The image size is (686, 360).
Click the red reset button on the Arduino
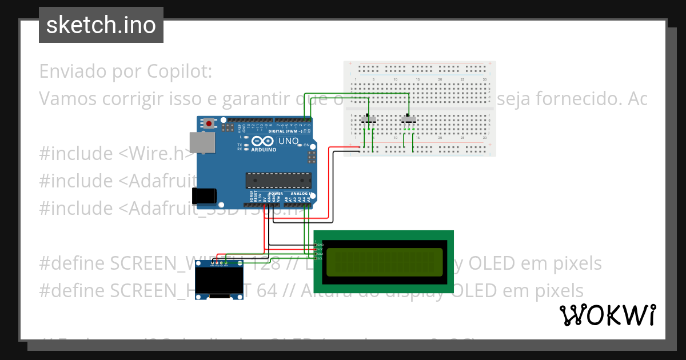point(210,123)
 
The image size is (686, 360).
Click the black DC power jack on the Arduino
point(204,196)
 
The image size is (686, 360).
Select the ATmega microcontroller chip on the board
point(278,180)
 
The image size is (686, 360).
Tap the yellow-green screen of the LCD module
point(384,262)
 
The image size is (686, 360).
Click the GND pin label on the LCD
point(320,245)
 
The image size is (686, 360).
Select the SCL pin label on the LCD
point(320,258)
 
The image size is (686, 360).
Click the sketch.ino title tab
point(101,25)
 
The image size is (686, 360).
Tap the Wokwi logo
point(607,315)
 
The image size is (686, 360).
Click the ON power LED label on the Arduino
point(306,146)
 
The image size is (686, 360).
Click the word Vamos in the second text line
point(68,99)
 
